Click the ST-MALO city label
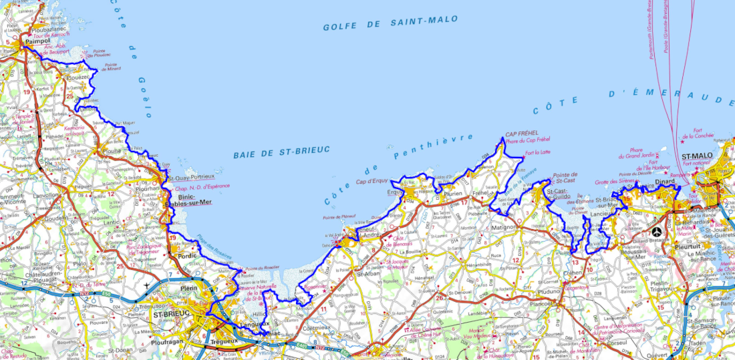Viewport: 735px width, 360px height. pyautogui.click(x=697, y=156)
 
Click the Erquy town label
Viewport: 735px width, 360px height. pyautogui.click(x=398, y=193)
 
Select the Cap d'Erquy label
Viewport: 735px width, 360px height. pyautogui.click(x=372, y=181)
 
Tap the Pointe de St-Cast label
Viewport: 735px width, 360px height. pyautogui.click(x=565, y=178)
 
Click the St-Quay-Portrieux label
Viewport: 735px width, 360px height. pyautogui.click(x=191, y=178)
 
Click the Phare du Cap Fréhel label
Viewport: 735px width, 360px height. pyautogui.click(x=527, y=140)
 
